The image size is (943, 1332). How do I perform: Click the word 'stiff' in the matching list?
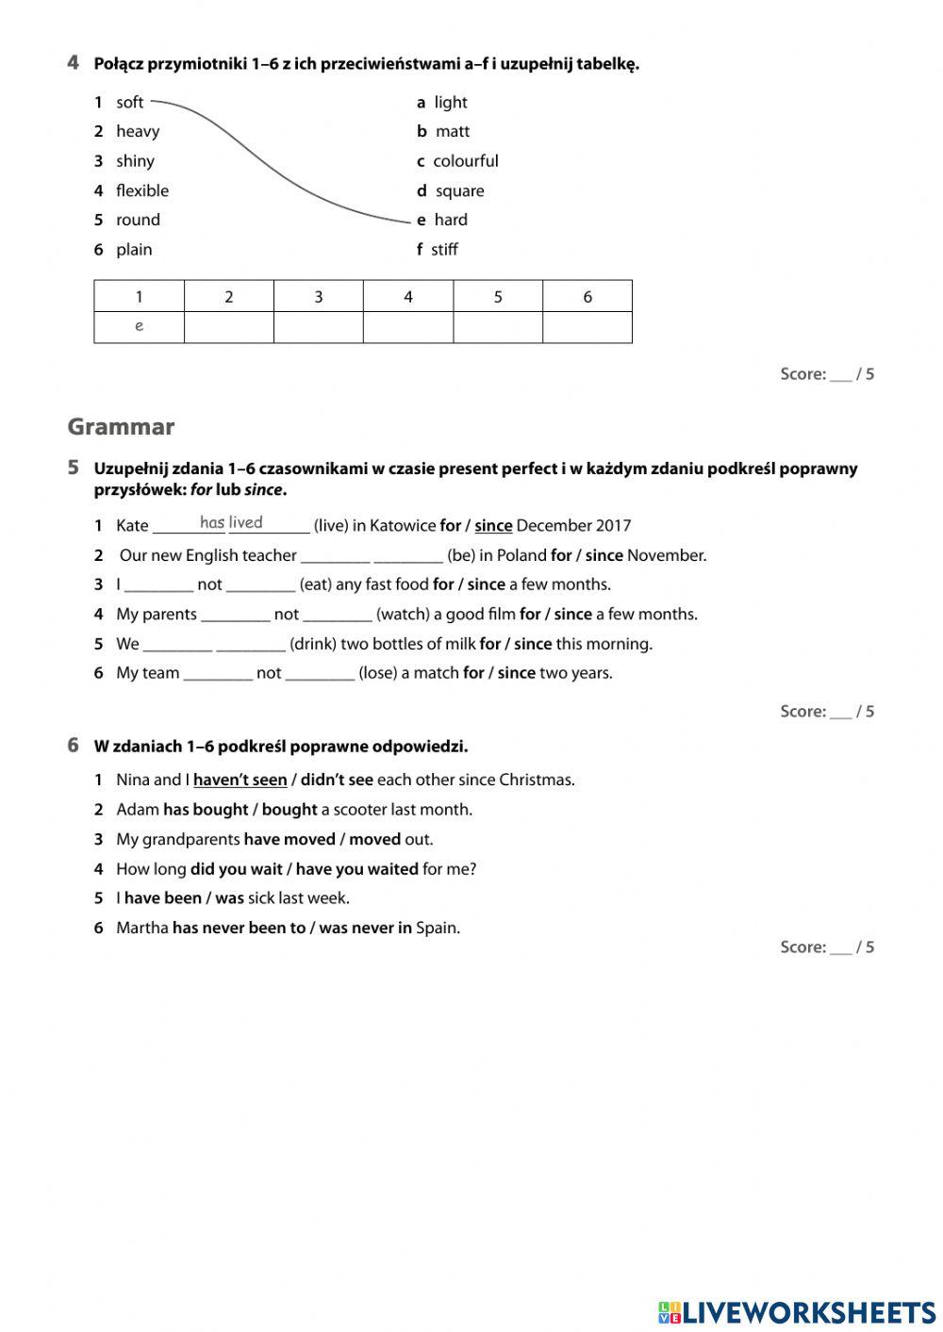click(444, 250)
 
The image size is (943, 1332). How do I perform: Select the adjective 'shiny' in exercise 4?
click(135, 161)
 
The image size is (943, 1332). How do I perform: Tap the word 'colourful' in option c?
click(466, 161)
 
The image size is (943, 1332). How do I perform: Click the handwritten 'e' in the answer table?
click(140, 326)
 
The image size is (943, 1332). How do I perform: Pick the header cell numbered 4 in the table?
click(408, 297)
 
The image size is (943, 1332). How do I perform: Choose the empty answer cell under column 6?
click(587, 327)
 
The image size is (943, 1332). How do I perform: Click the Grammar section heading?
click(121, 427)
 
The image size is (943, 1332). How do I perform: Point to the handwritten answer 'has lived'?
click(231, 522)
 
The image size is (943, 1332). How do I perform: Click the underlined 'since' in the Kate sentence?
click(493, 526)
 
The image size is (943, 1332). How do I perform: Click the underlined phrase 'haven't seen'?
click(240, 780)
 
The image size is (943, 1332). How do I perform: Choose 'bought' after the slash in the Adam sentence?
click(290, 810)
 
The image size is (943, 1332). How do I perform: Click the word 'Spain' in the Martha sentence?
click(437, 928)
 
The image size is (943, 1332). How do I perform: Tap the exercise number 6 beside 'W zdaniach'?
click(74, 746)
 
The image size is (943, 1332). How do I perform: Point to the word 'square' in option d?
click(459, 191)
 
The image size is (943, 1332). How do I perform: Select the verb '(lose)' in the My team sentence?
click(378, 673)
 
